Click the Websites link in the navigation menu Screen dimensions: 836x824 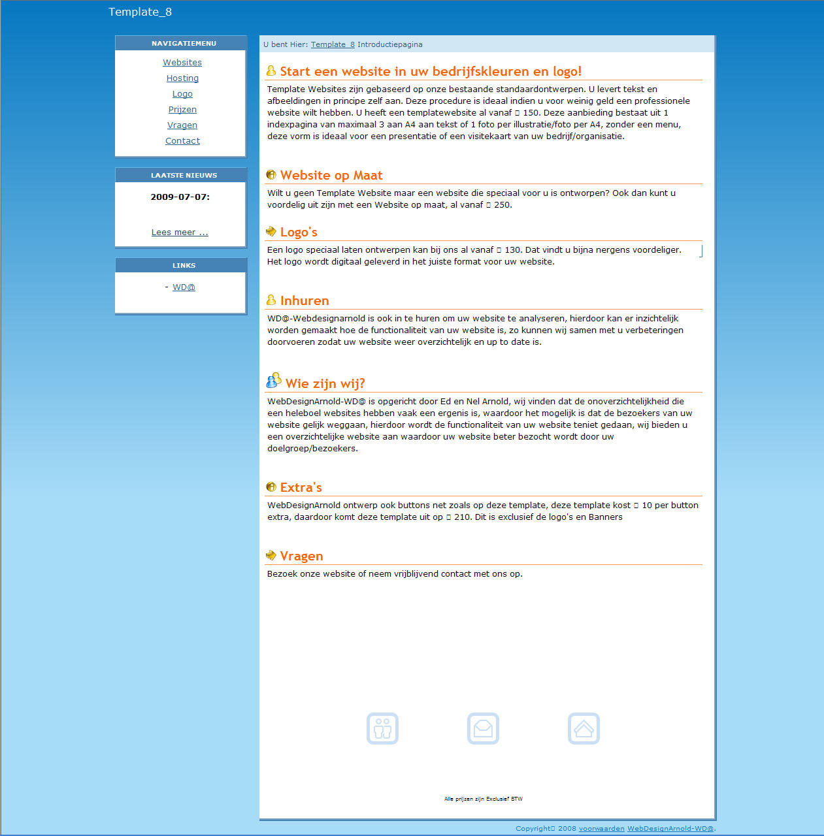click(182, 63)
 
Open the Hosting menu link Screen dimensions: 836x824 click(182, 78)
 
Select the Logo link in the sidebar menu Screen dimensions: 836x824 click(182, 94)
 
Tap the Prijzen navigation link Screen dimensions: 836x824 click(182, 110)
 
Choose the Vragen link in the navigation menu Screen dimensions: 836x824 click(182, 125)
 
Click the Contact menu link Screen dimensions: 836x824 click(182, 141)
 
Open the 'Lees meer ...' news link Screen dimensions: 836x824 click(180, 233)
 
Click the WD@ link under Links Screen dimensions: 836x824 click(184, 287)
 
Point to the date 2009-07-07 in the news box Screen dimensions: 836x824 click(180, 197)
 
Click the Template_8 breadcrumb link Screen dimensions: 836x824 click(333, 45)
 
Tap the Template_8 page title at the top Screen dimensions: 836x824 click(140, 12)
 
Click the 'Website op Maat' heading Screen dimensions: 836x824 click(331, 176)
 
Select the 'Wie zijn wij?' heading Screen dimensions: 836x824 click(325, 384)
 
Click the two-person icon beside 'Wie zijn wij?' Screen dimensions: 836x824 click(274, 381)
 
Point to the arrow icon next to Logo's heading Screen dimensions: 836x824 click(271, 231)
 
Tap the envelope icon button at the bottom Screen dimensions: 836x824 click(483, 728)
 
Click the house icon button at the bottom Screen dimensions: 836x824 click(584, 728)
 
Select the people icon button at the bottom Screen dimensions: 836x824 click(382, 728)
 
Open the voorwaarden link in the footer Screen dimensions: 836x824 click(601, 829)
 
